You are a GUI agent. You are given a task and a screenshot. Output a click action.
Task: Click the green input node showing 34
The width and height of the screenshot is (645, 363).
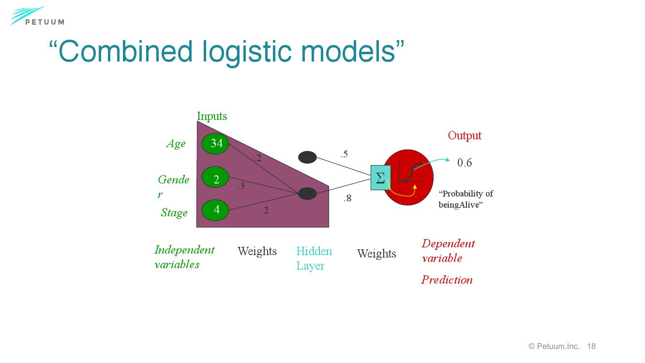(216, 143)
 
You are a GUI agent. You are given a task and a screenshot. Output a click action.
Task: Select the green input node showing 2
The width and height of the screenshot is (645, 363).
(216, 179)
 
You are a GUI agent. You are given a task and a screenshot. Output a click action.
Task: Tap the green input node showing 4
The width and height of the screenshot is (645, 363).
(216, 210)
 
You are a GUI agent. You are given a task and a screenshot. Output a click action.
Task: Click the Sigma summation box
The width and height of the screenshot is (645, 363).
(380, 178)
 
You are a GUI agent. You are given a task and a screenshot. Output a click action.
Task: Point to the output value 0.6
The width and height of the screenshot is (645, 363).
(465, 163)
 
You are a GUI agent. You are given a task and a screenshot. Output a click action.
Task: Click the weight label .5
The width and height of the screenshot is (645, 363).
(344, 154)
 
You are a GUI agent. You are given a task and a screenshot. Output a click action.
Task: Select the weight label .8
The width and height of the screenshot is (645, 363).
(347, 198)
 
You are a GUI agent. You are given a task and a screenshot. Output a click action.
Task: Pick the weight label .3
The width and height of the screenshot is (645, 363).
(241, 185)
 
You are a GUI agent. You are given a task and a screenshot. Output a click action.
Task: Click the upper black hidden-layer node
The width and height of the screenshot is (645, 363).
(307, 157)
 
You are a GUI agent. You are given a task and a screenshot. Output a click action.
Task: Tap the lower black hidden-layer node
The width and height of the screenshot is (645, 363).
(307, 194)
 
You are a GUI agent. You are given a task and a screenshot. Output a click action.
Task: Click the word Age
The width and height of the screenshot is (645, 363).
(176, 144)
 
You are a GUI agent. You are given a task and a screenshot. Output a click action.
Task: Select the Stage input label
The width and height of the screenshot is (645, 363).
(174, 213)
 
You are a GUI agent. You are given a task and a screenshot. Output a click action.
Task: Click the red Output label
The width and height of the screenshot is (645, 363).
(465, 136)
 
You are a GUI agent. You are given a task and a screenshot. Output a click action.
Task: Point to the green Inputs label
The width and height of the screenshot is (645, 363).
(212, 116)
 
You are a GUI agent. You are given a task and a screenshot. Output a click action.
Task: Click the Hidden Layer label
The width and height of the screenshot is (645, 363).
(314, 258)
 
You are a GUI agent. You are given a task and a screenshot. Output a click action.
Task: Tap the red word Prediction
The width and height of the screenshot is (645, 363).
(447, 280)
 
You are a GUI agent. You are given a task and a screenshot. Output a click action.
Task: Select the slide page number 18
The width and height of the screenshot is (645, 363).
(591, 346)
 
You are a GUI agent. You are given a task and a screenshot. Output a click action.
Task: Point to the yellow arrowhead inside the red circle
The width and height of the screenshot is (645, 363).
(415, 186)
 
